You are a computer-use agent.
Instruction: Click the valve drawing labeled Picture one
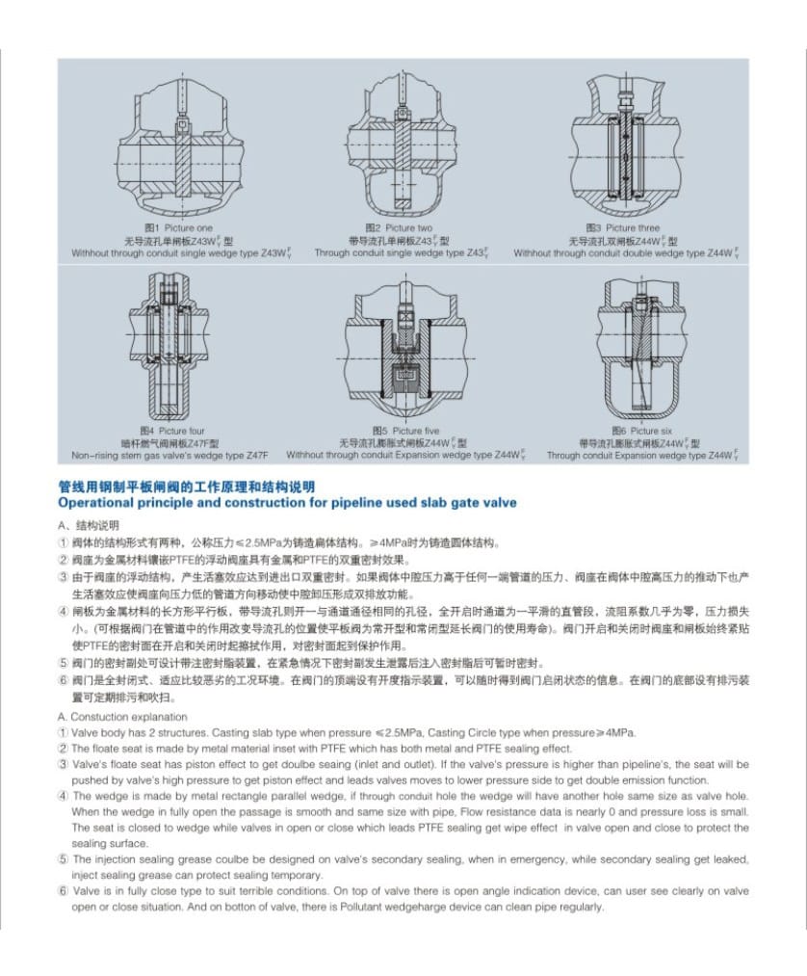point(179,145)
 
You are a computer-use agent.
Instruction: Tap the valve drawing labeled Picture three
point(627,145)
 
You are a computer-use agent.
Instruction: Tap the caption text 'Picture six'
point(652,431)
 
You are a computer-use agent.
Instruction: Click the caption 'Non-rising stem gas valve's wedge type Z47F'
point(169,455)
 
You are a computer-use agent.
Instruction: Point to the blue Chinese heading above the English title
point(186,488)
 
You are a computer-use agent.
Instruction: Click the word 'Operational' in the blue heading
point(103,502)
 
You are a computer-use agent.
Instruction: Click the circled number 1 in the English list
point(64,733)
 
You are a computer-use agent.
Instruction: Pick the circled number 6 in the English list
point(64,891)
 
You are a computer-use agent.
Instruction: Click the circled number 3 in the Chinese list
point(64,576)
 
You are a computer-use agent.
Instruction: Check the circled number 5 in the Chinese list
point(64,663)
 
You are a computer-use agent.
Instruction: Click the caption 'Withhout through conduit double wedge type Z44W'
point(626,253)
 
